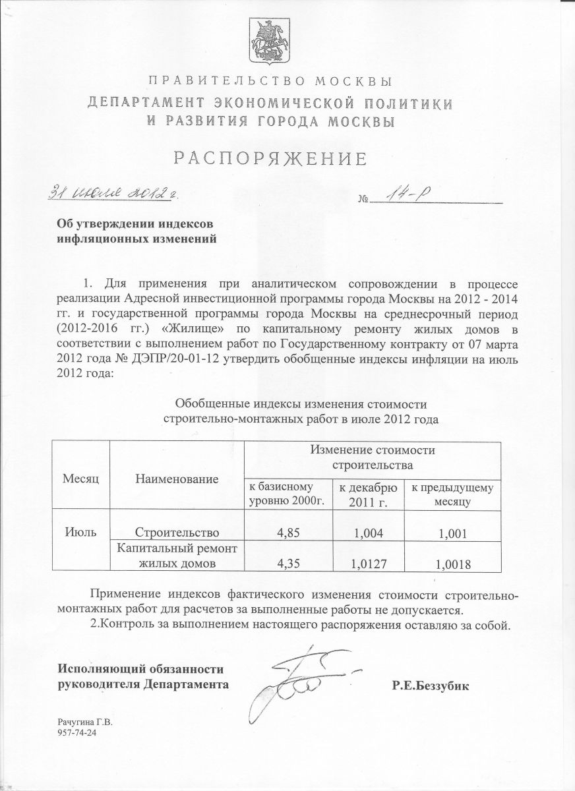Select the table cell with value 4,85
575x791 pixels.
click(287, 532)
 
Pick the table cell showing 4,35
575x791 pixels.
click(287, 562)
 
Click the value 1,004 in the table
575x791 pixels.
click(367, 532)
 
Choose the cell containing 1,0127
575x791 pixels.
click(367, 562)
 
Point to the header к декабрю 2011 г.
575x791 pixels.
click(367, 495)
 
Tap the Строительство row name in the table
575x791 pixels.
click(176, 532)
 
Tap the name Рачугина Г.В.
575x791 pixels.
click(86, 722)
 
